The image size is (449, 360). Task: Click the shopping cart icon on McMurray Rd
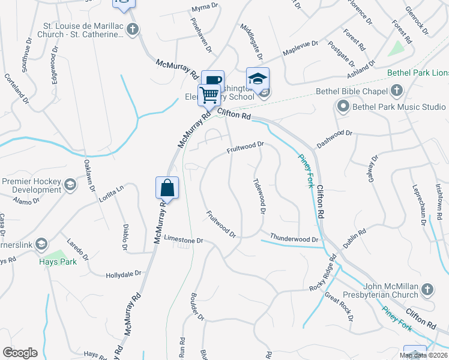tap(209, 94)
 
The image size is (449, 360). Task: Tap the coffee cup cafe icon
tap(212, 81)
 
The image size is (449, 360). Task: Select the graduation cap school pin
tap(258, 79)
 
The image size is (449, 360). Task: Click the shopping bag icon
tap(167, 188)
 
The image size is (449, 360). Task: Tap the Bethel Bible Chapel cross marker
tap(396, 91)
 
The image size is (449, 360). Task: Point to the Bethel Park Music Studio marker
tap(343, 107)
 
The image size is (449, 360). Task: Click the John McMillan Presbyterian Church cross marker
tap(427, 290)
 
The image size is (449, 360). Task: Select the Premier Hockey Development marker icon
tap(70, 185)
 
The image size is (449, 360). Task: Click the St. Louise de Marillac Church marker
tap(133, 29)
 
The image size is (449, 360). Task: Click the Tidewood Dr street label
tap(259, 196)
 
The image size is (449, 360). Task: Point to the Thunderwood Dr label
tap(294, 238)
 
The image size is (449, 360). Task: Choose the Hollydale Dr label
tap(123, 274)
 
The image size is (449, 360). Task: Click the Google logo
tap(20, 353)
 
